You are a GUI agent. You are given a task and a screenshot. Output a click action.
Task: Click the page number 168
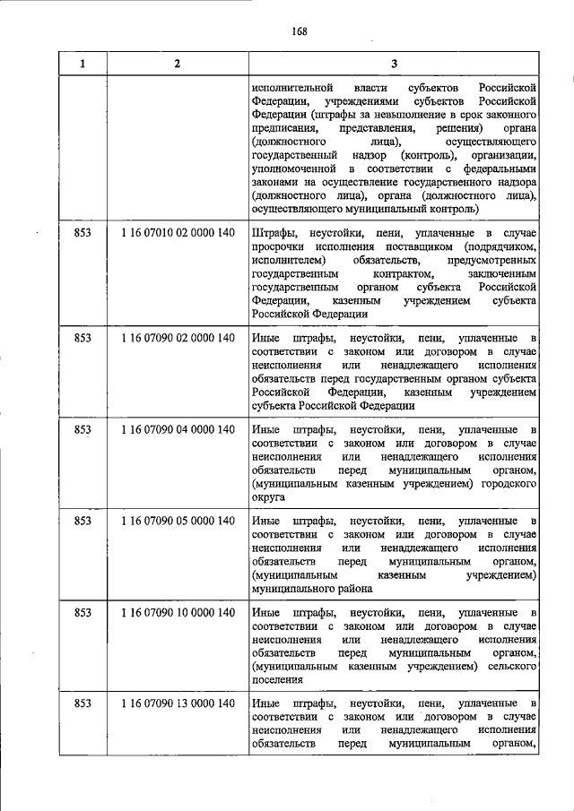click(x=299, y=32)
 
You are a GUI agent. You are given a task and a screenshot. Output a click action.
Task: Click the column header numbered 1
click(x=83, y=64)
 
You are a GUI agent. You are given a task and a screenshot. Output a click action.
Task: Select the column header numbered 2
click(x=177, y=64)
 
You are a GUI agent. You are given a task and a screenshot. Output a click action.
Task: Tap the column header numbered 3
click(x=394, y=64)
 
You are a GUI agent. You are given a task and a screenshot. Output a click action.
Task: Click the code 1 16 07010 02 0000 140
click(x=177, y=234)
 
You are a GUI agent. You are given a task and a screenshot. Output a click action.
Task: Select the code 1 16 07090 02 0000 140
click(x=177, y=338)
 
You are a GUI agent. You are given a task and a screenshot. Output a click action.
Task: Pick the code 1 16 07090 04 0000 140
click(x=177, y=430)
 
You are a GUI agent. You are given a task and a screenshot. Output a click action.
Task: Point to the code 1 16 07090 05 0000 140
click(x=177, y=521)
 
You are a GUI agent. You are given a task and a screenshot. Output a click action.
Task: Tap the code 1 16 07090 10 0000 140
click(x=177, y=612)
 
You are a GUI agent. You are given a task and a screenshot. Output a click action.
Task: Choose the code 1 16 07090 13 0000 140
click(x=177, y=703)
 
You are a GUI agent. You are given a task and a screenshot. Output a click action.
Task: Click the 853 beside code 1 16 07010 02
click(x=83, y=234)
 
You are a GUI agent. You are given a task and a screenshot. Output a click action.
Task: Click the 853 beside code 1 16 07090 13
click(x=83, y=703)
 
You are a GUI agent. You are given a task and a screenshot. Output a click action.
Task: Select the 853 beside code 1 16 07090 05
click(x=83, y=521)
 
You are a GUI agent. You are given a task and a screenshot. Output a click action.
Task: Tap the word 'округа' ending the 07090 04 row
click(x=269, y=496)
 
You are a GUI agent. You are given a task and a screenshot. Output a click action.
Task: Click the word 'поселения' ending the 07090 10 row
click(x=277, y=679)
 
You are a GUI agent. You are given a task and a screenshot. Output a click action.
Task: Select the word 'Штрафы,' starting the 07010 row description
click(x=275, y=233)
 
